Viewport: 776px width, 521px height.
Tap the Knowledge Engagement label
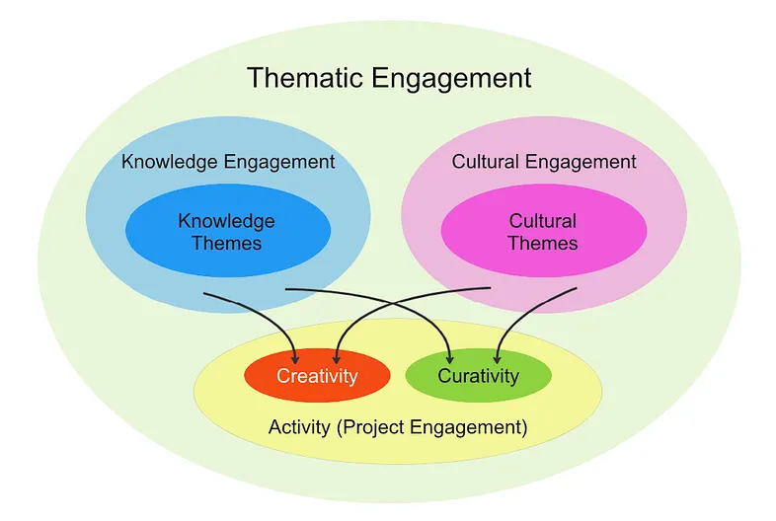click(x=228, y=161)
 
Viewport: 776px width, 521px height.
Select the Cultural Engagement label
click(x=544, y=161)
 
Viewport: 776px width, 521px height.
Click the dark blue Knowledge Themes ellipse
click(x=227, y=231)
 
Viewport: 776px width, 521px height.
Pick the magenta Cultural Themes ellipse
click(x=543, y=231)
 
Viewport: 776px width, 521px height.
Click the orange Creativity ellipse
click(x=317, y=376)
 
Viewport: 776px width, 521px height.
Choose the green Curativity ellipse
click(x=478, y=376)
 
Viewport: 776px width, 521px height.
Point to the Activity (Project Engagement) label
click(x=398, y=428)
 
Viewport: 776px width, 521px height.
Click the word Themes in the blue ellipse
click(x=227, y=243)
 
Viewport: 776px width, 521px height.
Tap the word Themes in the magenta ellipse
click(x=543, y=243)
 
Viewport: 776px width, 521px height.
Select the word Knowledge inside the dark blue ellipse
click(x=227, y=220)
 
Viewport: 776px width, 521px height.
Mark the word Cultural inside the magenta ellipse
click(x=543, y=220)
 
